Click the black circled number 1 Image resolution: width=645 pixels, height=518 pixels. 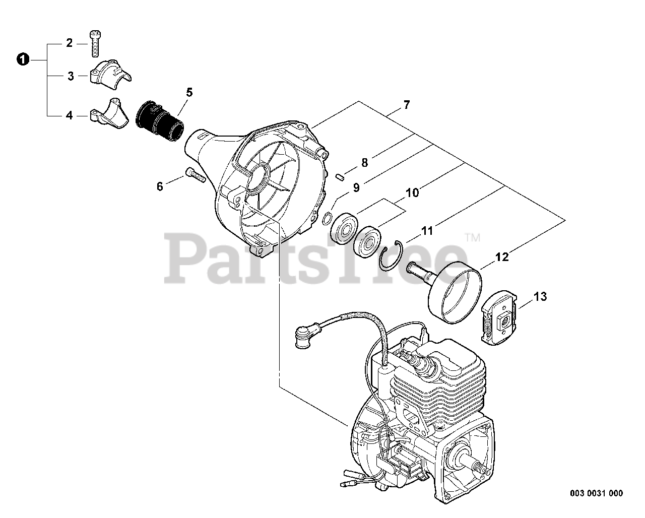pos(22,59)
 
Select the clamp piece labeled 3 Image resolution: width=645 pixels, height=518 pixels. pos(110,73)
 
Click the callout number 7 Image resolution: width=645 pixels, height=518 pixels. pos(406,105)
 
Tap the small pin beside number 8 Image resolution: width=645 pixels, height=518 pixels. pos(340,176)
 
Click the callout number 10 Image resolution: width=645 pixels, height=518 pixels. pos(412,193)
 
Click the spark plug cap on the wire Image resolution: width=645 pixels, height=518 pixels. pos(304,335)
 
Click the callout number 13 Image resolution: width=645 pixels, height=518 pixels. pos(540,297)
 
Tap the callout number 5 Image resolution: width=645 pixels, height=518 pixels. pos(189,92)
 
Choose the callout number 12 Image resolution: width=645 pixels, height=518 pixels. pos(502,257)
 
